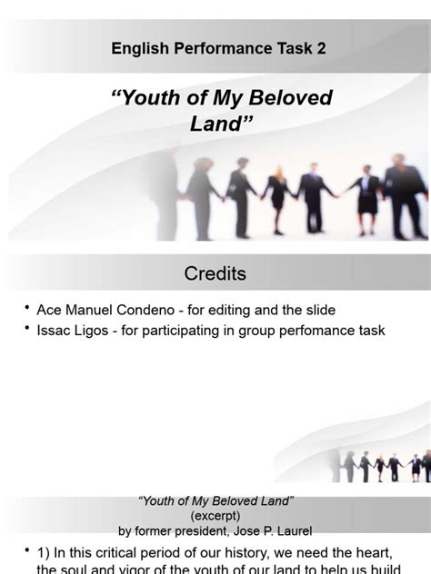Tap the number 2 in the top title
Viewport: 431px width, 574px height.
click(x=321, y=49)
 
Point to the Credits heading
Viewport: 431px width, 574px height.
click(x=215, y=273)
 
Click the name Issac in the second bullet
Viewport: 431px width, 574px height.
click(x=55, y=331)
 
